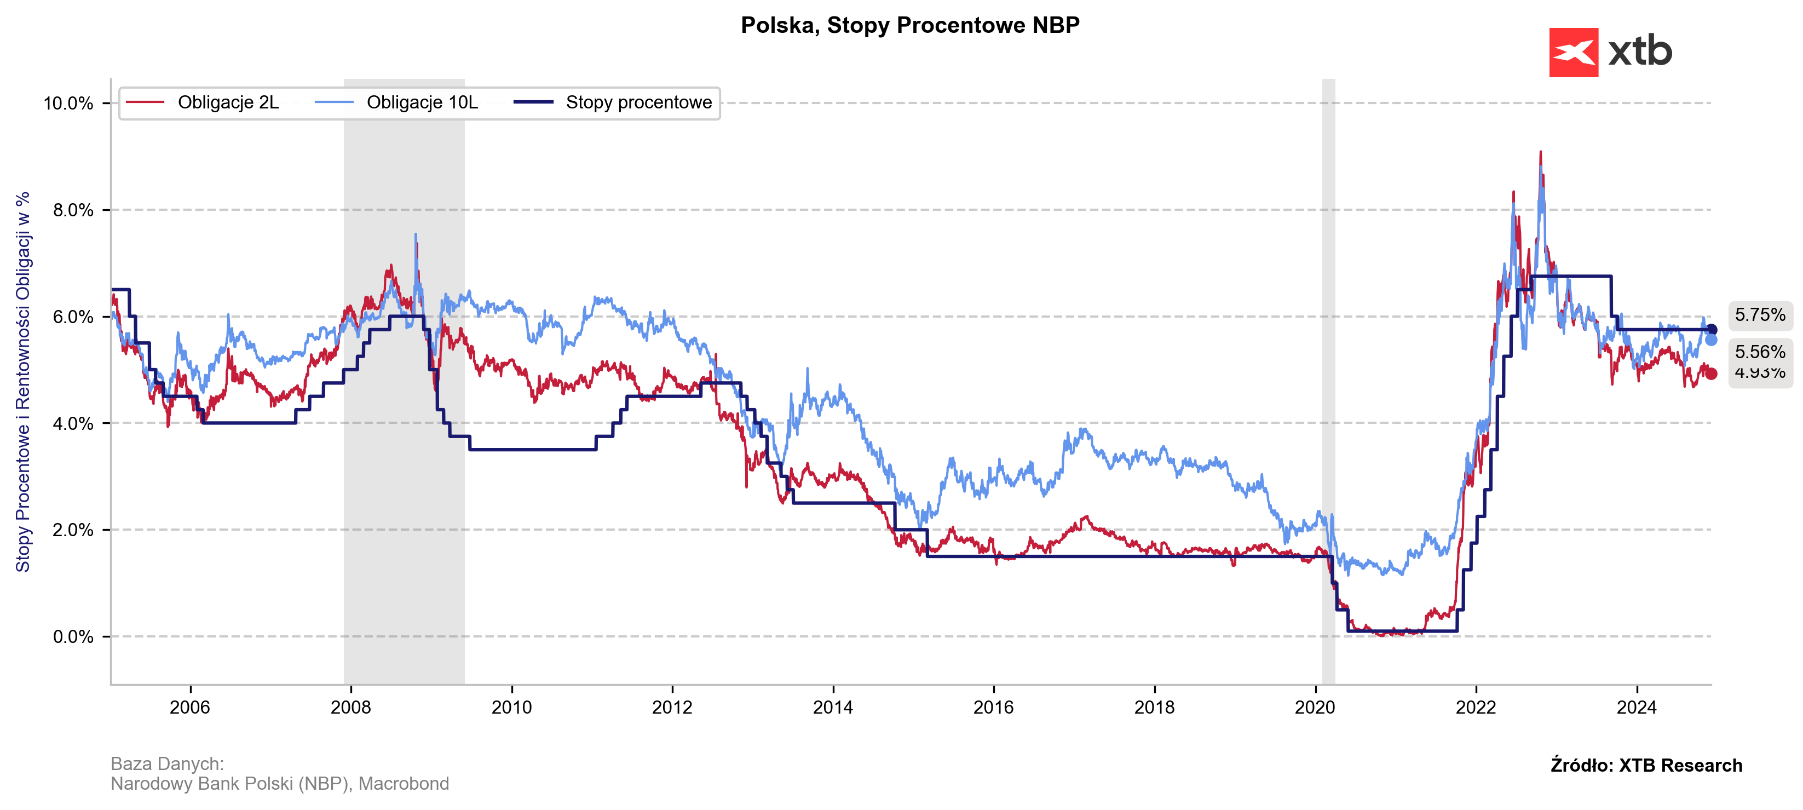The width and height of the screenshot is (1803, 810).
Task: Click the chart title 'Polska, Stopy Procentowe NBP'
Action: pos(910,25)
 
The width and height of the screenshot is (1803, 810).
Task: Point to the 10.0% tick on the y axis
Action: pos(68,104)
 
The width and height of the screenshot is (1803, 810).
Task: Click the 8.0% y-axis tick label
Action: pos(73,210)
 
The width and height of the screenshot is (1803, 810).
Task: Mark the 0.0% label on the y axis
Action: pos(73,637)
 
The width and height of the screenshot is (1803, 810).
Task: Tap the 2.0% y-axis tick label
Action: pos(73,530)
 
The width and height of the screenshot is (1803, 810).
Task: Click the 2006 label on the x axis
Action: pos(189,707)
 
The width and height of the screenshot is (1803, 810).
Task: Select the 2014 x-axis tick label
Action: pos(833,707)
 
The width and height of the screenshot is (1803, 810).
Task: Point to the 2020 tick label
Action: pos(1315,707)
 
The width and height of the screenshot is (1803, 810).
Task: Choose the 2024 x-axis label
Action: pos(1637,707)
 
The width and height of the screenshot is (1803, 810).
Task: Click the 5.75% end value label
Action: pos(1760,315)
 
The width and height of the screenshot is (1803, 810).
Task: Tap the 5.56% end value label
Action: pos(1760,352)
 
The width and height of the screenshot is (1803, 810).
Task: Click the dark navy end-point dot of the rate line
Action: pos(1712,330)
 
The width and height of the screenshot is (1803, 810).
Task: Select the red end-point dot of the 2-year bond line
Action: pos(1712,374)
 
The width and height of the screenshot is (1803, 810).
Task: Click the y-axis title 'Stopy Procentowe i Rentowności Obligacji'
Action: pos(23,382)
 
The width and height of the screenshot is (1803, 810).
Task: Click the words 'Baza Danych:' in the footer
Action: pos(168,764)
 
